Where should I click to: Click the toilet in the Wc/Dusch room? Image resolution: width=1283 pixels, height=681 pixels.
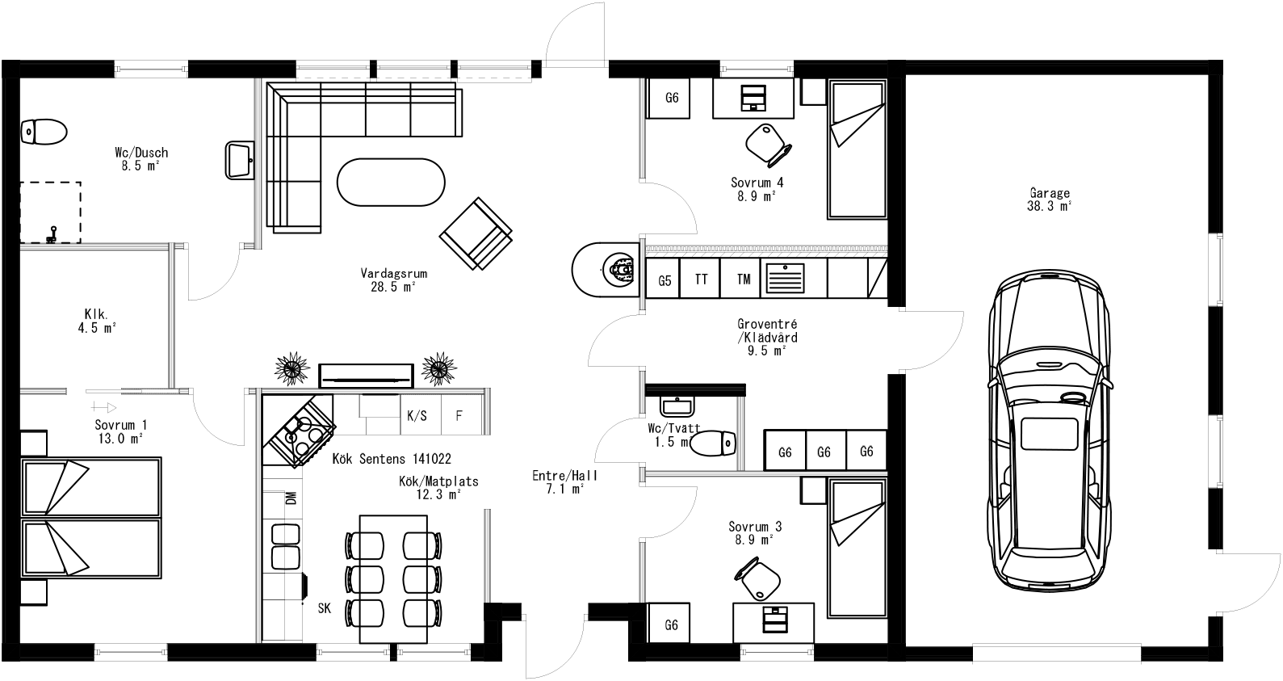point(44,132)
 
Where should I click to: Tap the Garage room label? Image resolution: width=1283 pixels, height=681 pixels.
point(1050,200)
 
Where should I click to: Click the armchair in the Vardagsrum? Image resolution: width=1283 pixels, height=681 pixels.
point(476,233)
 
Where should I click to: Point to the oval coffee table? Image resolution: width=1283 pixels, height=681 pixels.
point(390,182)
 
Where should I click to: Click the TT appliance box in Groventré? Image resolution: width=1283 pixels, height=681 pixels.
point(701,280)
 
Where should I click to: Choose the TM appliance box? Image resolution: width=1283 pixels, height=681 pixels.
point(743,280)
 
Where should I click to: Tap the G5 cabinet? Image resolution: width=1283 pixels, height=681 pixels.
point(665,280)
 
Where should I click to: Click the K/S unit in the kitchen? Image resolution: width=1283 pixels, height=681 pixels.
point(417,416)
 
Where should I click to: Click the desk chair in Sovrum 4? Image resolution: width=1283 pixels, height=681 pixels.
point(766,143)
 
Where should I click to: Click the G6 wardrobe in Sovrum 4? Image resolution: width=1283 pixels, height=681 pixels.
point(672,98)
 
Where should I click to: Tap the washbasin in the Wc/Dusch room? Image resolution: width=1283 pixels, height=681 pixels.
point(239,159)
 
